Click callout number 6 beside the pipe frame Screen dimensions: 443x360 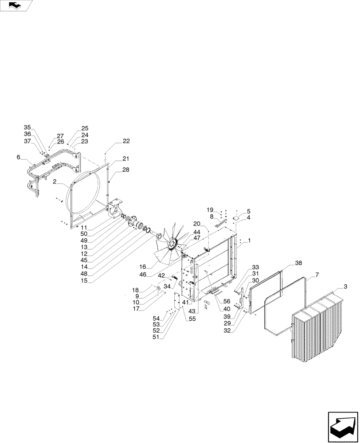18,157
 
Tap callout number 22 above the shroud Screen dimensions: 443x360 126,141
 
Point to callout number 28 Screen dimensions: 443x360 126,170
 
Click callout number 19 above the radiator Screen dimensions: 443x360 210,209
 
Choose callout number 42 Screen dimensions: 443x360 162,276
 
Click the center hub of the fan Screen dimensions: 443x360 172,244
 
